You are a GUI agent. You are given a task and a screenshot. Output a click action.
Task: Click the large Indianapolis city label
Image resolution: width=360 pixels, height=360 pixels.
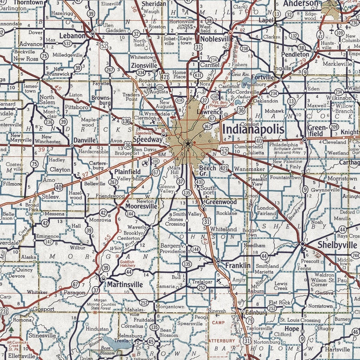[x=253, y=130]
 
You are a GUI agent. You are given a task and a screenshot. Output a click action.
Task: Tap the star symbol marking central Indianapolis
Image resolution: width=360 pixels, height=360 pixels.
[x=186, y=144]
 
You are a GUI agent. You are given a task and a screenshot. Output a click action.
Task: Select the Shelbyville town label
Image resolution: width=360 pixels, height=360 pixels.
[x=337, y=244]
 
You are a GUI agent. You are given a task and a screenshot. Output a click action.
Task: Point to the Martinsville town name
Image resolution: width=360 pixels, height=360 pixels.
[x=125, y=285]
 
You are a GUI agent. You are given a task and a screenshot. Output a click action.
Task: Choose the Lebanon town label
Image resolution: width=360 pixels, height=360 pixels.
[x=73, y=35]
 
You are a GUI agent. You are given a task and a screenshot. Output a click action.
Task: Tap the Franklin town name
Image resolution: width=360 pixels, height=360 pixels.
[x=238, y=265]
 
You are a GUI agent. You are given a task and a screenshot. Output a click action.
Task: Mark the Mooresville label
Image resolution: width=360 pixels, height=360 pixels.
[x=141, y=206]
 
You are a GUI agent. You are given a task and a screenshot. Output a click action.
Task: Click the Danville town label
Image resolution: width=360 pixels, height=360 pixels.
[x=85, y=141]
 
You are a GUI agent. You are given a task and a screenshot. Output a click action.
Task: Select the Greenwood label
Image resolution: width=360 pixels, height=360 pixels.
[x=221, y=202]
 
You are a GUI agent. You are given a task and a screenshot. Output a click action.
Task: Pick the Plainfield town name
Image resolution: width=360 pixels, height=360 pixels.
[x=127, y=172]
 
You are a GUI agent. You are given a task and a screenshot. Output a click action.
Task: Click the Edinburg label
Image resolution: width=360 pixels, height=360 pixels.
[x=256, y=313]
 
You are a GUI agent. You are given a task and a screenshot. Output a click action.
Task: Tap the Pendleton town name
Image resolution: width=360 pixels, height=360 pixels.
[x=295, y=54]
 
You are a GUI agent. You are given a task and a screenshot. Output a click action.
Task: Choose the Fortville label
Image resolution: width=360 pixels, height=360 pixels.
[x=263, y=78]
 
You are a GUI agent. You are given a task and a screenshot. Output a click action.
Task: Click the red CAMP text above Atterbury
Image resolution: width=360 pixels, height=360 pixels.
[x=218, y=322]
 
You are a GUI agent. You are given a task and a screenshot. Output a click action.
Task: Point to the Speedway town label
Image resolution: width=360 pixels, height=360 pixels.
[x=147, y=140]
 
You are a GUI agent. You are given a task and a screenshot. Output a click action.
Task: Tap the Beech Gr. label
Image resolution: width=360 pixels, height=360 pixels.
[x=208, y=170]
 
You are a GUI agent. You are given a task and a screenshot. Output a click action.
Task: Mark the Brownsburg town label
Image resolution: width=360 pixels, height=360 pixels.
[x=101, y=100]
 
